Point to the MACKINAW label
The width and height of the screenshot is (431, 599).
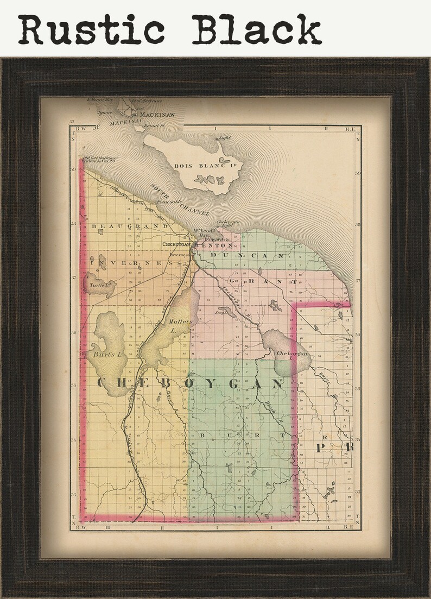point(157,115)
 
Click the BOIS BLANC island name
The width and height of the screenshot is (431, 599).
point(196,166)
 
